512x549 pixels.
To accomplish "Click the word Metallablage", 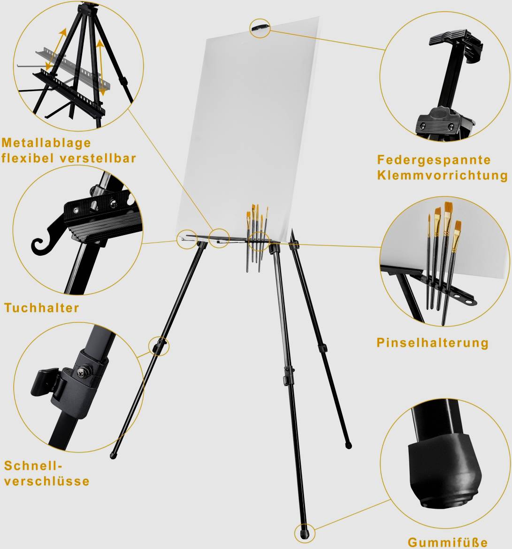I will point(46,143).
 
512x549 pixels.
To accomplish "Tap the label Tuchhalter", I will point(42,308).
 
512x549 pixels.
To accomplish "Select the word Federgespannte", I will point(434,160).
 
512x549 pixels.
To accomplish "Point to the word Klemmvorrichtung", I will point(442,175).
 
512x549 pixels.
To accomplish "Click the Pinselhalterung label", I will point(432,343).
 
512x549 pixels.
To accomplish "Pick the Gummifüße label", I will point(447,542).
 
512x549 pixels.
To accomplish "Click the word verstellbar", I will point(98,158).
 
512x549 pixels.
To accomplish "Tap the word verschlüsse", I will point(47,481).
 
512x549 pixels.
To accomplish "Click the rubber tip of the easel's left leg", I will point(113,455).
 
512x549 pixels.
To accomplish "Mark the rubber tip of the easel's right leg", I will point(348,443).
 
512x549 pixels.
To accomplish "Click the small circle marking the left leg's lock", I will point(159,347).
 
